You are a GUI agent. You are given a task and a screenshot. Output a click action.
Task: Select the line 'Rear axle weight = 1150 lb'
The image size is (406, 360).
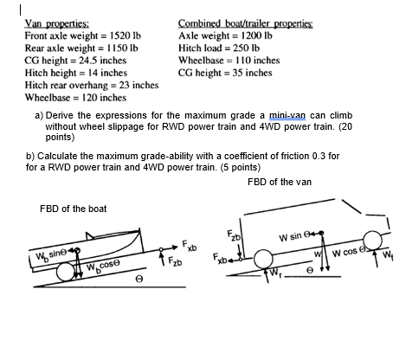(80, 48)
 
